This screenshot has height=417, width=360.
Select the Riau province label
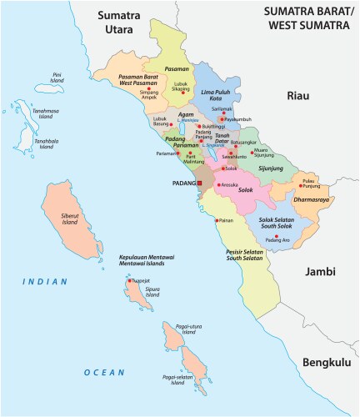coord(297,97)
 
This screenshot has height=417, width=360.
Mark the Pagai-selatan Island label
coord(177,380)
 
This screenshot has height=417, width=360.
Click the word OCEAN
coord(104,372)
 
